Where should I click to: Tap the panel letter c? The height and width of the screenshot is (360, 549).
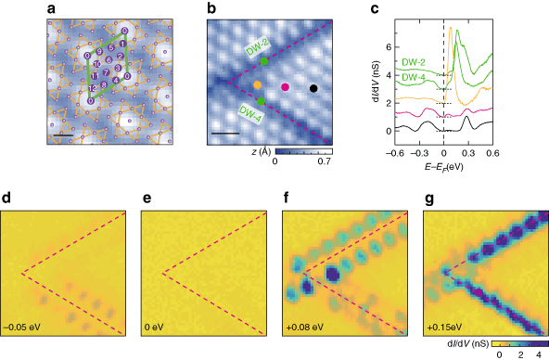[353, 8]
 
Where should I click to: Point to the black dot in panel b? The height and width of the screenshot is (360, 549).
[313, 88]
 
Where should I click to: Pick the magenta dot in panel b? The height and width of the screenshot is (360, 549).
[285, 87]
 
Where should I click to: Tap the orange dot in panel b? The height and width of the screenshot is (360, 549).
[257, 85]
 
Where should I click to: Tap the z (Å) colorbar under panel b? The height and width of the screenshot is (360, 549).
[301, 149]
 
